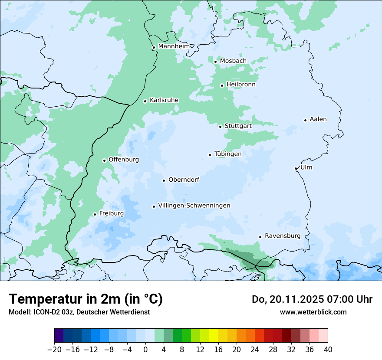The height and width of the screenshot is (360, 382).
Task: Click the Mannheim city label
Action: pos(174,46)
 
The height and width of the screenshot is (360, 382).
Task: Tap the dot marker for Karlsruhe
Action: pos(145,101)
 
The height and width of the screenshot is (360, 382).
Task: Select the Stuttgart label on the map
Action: pos(238,126)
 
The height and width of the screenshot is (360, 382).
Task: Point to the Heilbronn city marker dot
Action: pos(222,85)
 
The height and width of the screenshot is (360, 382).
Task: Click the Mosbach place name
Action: pos(233,61)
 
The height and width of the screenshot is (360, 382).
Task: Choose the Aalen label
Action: pos(318,119)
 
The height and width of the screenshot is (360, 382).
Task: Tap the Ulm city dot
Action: pos(296,168)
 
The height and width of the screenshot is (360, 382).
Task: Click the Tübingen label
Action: pos(228,154)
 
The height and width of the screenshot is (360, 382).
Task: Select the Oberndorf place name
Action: pos(184,180)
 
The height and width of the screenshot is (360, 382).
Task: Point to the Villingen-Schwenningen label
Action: pos(194,206)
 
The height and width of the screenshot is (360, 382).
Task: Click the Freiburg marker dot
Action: pos(95,214)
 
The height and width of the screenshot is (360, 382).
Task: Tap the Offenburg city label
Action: pos(124,160)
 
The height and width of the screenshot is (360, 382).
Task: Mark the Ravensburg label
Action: pos(283,236)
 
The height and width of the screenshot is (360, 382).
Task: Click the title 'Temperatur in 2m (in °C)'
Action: pos(86,299)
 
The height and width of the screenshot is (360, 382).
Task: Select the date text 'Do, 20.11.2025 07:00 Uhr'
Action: pos(312,299)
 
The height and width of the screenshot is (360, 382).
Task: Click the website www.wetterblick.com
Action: pos(313,312)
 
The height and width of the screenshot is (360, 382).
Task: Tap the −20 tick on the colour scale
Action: pos(54,350)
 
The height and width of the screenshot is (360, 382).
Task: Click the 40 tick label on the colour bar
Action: pos(328,350)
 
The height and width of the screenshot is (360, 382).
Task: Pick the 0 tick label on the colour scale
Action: pos(145,350)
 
